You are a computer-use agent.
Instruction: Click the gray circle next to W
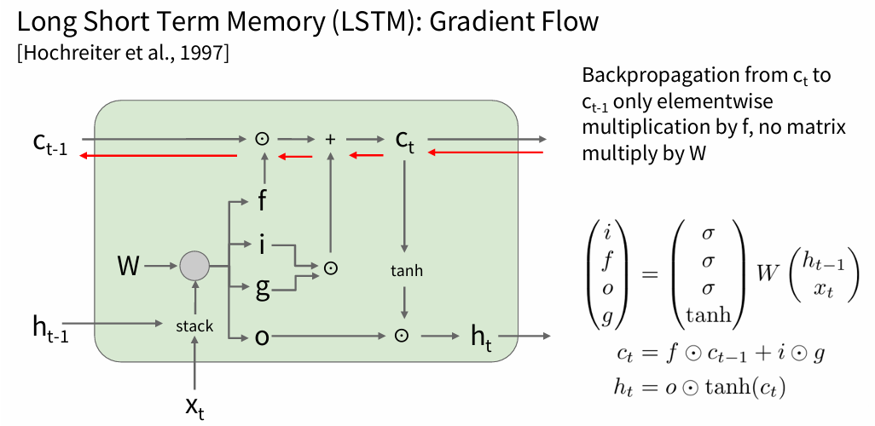[x=194, y=268]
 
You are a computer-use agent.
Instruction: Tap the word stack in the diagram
[x=194, y=325]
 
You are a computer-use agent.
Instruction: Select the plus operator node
[x=332, y=138]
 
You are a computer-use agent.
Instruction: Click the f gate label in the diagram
[x=264, y=203]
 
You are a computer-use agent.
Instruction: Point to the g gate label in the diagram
[x=263, y=290]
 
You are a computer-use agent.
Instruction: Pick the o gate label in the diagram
[x=263, y=337]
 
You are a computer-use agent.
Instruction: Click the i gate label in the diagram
[x=263, y=245]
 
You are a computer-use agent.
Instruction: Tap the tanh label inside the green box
[x=405, y=271]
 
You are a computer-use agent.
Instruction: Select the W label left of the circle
[x=129, y=268]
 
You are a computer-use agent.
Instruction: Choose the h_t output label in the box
[x=482, y=336]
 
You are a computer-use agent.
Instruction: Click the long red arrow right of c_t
[x=485, y=153]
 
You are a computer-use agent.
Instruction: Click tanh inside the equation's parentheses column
[x=708, y=316]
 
